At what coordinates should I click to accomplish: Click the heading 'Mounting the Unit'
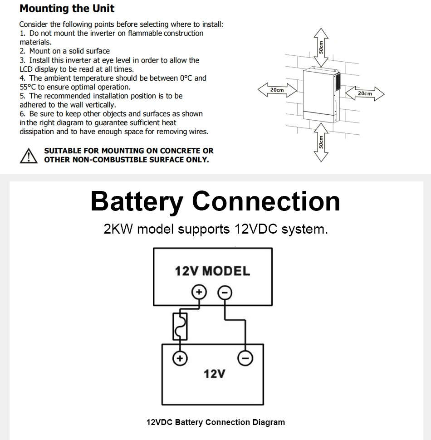coord(67,9)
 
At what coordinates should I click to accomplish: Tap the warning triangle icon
coord(28,156)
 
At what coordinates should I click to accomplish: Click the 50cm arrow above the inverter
coord(321,47)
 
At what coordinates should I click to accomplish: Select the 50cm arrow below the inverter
coord(321,142)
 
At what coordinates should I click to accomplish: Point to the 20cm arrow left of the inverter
coord(277,90)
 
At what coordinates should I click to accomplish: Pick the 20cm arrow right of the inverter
coord(365,93)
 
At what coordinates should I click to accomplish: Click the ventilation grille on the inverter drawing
coord(338,81)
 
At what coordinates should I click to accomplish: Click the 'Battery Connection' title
coord(215,201)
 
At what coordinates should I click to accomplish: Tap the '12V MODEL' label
coord(212,271)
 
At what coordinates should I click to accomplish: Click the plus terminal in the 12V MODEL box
coord(199,292)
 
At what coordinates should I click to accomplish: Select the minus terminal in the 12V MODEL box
coord(225,293)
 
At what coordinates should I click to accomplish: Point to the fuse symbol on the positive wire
coord(180,327)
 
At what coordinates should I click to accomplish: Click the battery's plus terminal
coord(180,358)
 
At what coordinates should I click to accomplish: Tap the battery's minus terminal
coord(245,358)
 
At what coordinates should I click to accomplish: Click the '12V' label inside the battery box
coord(215,374)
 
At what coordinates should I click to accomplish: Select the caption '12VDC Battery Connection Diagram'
coord(215,422)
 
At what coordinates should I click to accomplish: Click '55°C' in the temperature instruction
coord(28,87)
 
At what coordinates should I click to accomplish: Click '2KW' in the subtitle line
coord(118,229)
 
